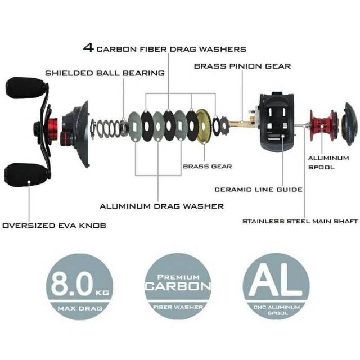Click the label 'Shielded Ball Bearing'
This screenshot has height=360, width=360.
coord(105,73)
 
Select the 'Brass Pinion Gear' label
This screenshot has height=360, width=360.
coord(242,66)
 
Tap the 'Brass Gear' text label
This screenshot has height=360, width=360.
coord(208,166)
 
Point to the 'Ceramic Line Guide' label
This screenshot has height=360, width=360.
coord(258,190)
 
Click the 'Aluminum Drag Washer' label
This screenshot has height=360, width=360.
coord(161,206)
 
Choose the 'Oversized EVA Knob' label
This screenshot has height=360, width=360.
coord(54,226)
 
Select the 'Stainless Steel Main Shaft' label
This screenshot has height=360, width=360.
coord(300,221)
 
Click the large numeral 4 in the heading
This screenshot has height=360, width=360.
coord(88,48)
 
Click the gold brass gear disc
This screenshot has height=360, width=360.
coord(204,127)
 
